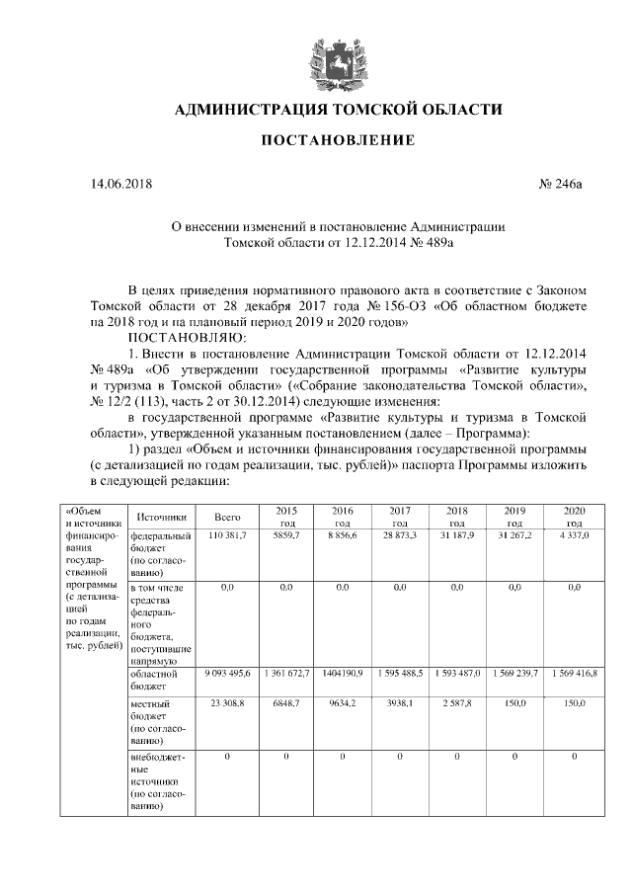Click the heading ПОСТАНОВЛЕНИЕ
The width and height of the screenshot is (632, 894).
(337, 141)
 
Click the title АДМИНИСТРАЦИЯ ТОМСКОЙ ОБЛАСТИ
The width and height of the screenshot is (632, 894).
(337, 109)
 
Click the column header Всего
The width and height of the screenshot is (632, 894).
(227, 517)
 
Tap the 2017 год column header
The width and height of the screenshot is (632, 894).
(400, 516)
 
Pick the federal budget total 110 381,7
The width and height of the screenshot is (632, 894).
(227, 534)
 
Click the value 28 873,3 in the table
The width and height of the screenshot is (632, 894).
(400, 534)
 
